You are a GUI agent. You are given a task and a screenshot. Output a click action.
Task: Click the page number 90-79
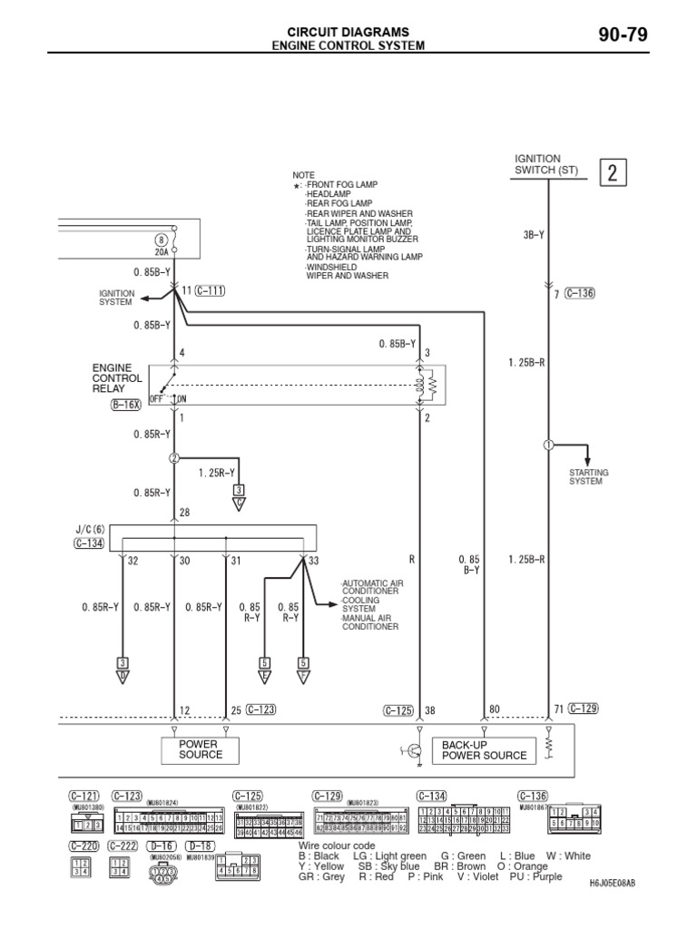[623, 35]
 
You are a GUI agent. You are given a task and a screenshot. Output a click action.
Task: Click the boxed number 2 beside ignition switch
[613, 173]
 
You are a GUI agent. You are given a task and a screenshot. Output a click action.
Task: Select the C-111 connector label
[211, 290]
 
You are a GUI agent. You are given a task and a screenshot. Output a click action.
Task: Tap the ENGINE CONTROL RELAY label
[117, 377]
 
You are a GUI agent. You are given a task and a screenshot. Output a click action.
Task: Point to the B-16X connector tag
[127, 406]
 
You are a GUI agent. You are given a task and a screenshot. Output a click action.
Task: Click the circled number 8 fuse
[162, 240]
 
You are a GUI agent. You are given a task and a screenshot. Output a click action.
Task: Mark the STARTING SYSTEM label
[589, 477]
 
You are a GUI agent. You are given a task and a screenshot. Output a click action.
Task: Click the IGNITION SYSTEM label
[116, 298]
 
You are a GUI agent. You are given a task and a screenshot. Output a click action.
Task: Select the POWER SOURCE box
[200, 749]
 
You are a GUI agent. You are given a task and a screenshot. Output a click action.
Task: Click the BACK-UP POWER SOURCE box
[484, 749]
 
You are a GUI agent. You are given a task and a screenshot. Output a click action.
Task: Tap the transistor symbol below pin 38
[414, 750]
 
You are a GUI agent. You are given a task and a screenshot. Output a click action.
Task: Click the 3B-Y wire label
[534, 234]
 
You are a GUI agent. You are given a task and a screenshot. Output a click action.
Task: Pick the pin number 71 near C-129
[557, 709]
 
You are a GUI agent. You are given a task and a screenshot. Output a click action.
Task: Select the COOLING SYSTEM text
[361, 604]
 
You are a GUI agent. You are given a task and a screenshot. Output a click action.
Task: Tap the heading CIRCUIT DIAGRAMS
[349, 31]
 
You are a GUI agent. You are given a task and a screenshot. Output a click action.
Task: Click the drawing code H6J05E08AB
[613, 882]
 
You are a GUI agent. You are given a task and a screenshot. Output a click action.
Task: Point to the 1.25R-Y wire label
[216, 473]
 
